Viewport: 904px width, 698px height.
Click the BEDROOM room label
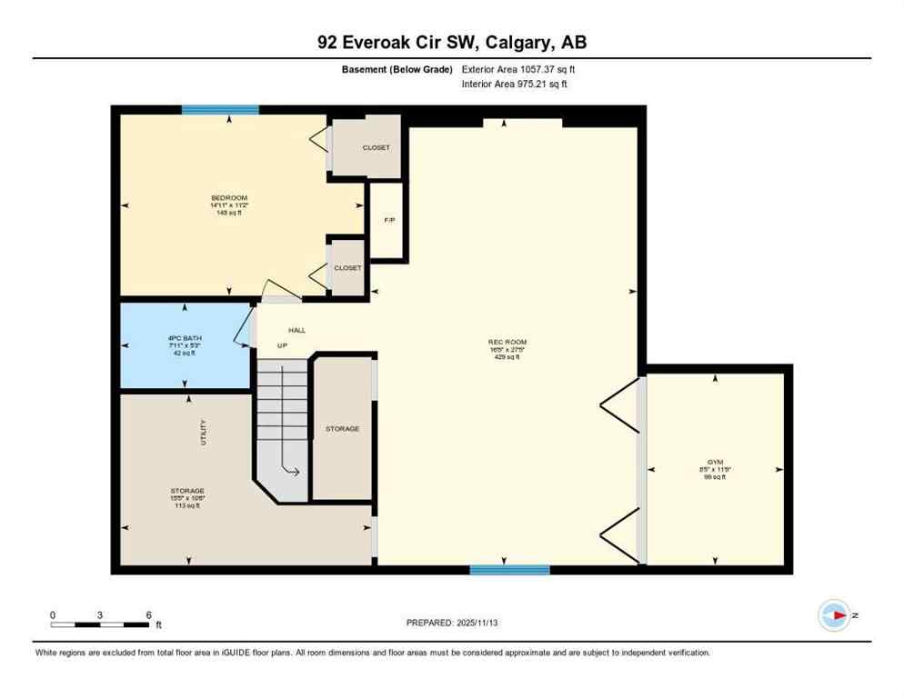[229, 198]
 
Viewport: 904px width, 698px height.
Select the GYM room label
[716, 463]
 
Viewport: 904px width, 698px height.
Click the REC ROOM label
[507, 343]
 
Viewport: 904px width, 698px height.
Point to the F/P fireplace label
[389, 221]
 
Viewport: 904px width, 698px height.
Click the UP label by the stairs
[282, 346]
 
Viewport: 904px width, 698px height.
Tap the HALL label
[297, 330]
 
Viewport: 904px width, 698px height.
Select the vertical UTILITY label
[204, 432]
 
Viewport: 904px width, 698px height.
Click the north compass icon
[833, 615]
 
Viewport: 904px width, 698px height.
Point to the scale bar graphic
[100, 624]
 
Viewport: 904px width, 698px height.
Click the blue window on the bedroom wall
[220, 110]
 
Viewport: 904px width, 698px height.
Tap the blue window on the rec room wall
[509, 570]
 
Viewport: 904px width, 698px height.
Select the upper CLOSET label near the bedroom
[376, 147]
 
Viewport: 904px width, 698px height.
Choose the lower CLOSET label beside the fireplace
[347, 268]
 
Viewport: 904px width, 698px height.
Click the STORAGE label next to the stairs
[343, 428]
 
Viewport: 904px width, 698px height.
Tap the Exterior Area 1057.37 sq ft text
[518, 69]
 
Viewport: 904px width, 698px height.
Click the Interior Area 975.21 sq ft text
[516, 85]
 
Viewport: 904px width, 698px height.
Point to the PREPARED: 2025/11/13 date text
[452, 623]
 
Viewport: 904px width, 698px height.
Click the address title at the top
[451, 42]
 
